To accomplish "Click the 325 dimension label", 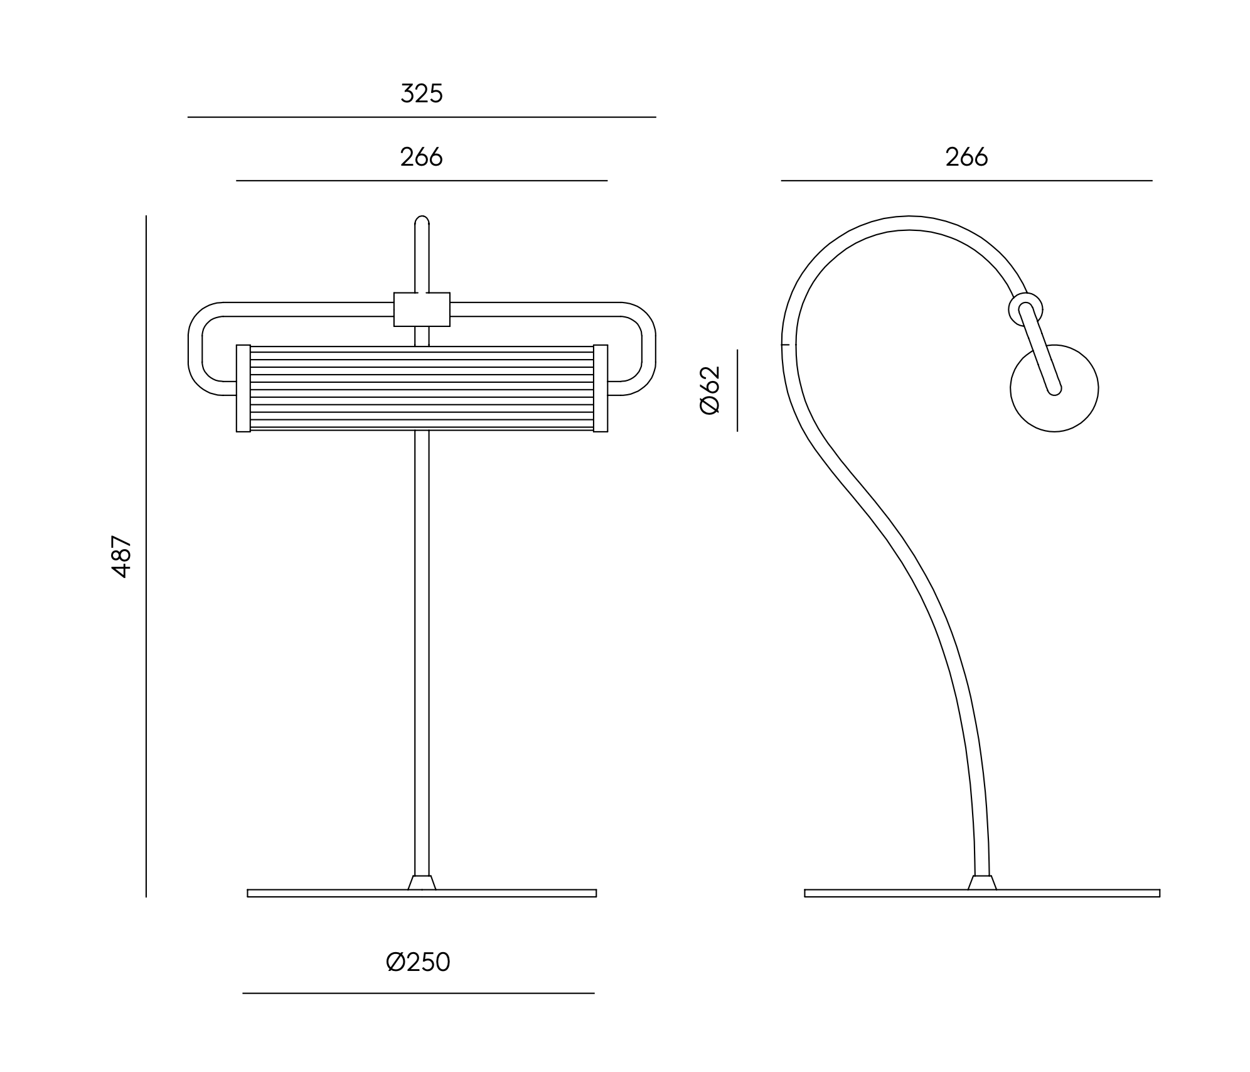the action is click(422, 94).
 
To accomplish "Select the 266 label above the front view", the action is click(422, 157).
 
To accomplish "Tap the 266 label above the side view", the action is click(966, 157).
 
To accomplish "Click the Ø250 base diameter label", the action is click(419, 962).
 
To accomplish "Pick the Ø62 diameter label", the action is click(710, 390).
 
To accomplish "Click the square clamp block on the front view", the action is click(422, 309).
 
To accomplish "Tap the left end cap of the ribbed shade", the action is click(243, 389).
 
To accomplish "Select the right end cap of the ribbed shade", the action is click(601, 389).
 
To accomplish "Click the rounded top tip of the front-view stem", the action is click(422, 217).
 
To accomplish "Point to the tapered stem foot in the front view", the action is click(422, 882).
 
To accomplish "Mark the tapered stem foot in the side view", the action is click(982, 882).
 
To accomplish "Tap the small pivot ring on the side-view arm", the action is click(1026, 309).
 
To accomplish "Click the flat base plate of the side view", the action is click(982, 893).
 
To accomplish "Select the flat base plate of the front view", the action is click(422, 893).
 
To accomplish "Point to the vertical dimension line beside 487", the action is click(146, 556).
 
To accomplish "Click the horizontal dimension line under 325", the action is click(422, 117).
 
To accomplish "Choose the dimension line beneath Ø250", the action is click(419, 994).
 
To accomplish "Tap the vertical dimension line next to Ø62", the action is click(737, 390).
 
